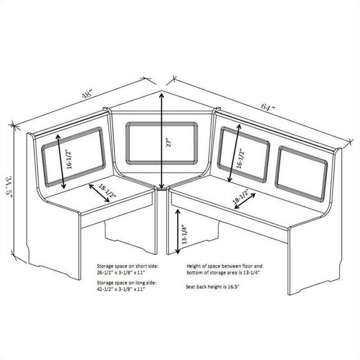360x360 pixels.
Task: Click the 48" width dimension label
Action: pyautogui.click(x=88, y=94)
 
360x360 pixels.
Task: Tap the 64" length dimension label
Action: pyautogui.click(x=268, y=107)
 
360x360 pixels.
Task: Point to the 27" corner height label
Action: pyautogui.click(x=169, y=143)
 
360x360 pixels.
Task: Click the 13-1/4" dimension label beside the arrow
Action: pyautogui.click(x=185, y=234)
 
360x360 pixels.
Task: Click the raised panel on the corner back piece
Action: pyautogui.click(x=162, y=143)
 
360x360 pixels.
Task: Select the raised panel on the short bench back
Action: pyautogui.click(x=74, y=157)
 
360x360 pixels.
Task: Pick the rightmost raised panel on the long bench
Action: pyautogui.click(x=301, y=174)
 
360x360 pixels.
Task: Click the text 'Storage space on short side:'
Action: pyautogui.click(x=128, y=266)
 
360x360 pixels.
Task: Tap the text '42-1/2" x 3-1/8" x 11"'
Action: pyautogui.click(x=121, y=289)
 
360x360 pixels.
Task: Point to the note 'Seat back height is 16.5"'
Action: pyautogui.click(x=212, y=286)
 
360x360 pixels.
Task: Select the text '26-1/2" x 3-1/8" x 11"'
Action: pyautogui.click(x=121, y=272)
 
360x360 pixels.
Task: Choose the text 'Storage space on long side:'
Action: pyautogui.click(x=126, y=282)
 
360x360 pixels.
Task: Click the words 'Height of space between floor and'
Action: pyautogui.click(x=224, y=266)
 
